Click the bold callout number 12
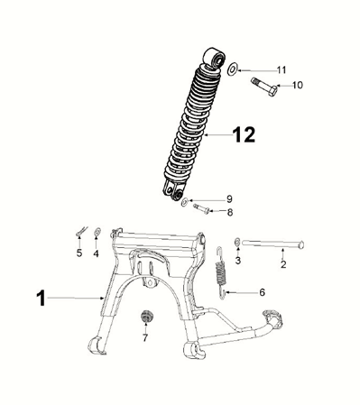[x=244, y=134]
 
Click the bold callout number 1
[x=41, y=298]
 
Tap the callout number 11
[x=282, y=70]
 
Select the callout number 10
[x=297, y=85]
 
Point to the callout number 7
[x=145, y=337]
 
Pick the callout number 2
[x=283, y=264]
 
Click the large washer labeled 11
[x=232, y=69]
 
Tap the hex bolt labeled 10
[x=264, y=87]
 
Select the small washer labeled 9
[x=185, y=202]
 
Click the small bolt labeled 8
[x=201, y=208]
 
